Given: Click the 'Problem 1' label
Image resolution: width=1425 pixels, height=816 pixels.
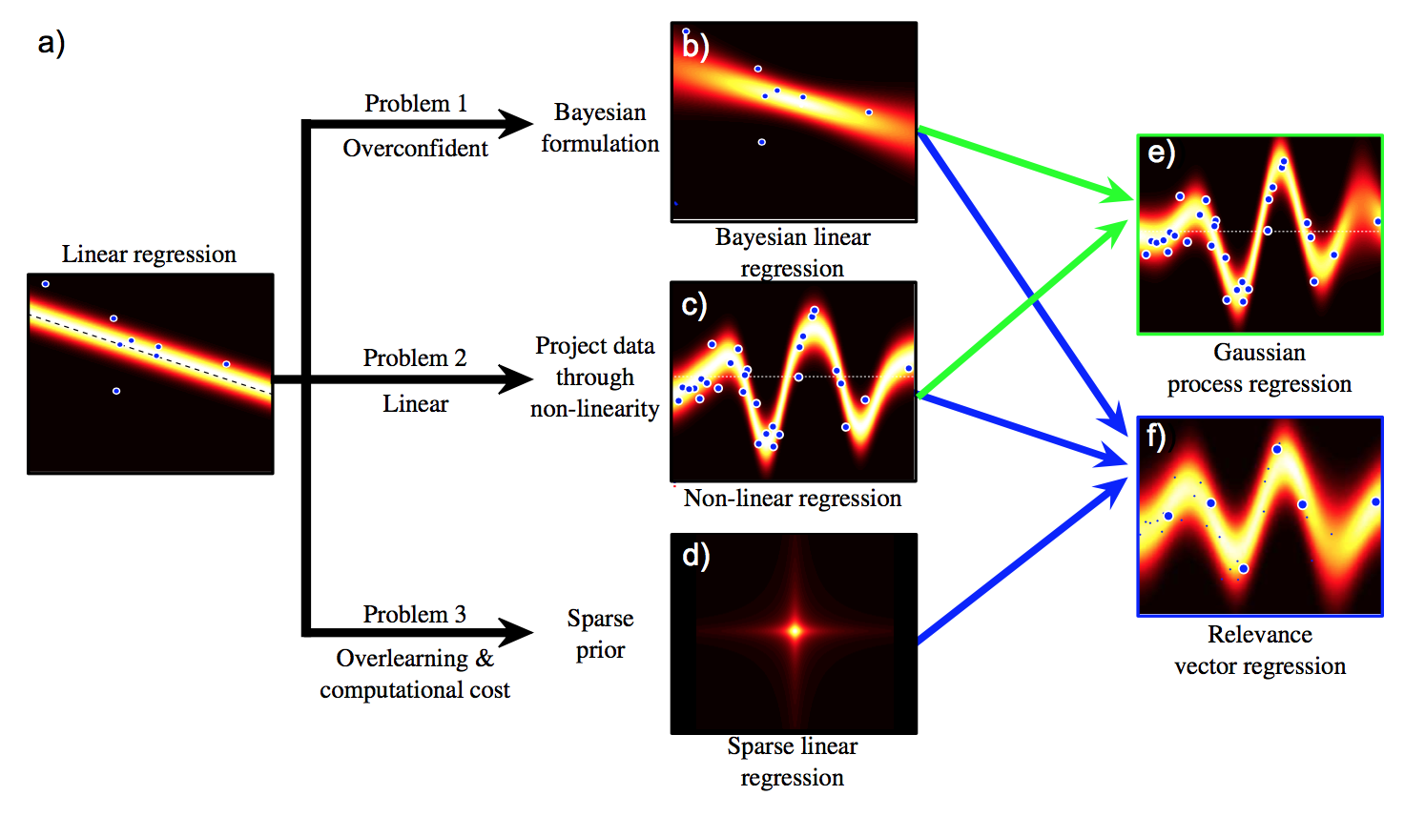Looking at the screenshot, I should click(x=416, y=103).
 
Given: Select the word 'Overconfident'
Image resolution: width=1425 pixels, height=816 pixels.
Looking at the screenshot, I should click(x=415, y=148).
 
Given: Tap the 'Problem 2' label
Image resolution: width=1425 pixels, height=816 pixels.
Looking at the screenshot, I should click(x=415, y=357).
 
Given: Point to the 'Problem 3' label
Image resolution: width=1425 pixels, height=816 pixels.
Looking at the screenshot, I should click(x=415, y=614).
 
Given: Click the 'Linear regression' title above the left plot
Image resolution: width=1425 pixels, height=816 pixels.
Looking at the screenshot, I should click(x=149, y=254).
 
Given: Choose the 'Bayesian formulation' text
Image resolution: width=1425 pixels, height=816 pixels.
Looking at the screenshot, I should click(x=600, y=128).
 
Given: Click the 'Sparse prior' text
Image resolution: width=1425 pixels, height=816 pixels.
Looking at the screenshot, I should click(x=600, y=634).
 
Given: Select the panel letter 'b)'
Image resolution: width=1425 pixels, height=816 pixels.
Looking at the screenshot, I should click(x=695, y=46).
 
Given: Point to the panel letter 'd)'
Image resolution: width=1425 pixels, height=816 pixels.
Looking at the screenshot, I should click(x=695, y=555).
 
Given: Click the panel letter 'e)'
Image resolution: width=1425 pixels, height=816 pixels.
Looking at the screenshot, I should click(x=1161, y=153).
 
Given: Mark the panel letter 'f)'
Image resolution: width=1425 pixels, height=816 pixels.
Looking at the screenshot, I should click(x=1156, y=436).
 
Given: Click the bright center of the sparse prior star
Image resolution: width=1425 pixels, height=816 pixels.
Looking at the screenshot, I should click(x=795, y=629).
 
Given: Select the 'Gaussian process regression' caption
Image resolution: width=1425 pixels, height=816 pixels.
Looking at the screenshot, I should click(x=1259, y=368).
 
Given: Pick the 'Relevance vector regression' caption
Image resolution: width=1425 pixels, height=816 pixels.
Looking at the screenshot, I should click(x=1259, y=650).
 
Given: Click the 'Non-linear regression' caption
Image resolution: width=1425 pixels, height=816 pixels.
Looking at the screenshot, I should click(x=792, y=498).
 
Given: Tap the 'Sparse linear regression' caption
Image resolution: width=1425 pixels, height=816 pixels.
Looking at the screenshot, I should click(x=792, y=762).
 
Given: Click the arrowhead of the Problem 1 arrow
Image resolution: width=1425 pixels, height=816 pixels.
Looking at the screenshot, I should click(x=519, y=123).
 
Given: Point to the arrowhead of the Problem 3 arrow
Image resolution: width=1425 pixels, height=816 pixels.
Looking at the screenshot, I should click(x=519, y=631).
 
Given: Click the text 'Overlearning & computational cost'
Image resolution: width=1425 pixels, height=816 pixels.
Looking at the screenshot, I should click(x=415, y=674).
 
